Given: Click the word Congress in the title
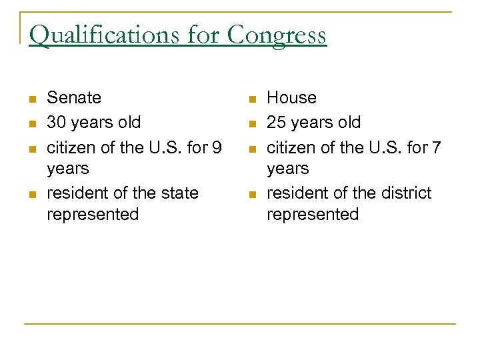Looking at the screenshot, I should tap(277, 35).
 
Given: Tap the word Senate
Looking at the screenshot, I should tap(74, 98).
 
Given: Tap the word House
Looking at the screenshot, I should tap(291, 98).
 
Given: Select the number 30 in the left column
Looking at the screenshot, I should tap(56, 123).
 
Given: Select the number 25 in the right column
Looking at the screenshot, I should tap(276, 123).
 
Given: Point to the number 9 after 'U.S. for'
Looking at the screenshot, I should tap(216, 147).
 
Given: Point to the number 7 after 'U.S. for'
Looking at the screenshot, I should tap(436, 147).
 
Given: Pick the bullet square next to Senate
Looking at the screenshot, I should tap(31, 100).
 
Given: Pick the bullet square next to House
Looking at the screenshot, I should tap(251, 100).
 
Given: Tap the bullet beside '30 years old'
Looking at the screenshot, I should tap(31, 124).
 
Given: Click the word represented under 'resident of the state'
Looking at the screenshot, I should tap(93, 215).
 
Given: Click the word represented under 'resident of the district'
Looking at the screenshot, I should tap(313, 215).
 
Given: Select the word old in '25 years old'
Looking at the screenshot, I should tap(348, 123).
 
